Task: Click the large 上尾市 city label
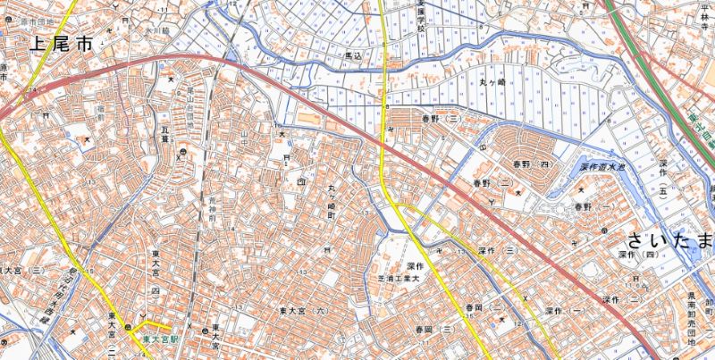(62, 43)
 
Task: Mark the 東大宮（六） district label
(304, 311)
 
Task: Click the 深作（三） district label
(498, 252)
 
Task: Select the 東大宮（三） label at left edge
(21, 269)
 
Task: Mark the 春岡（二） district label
(482, 309)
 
